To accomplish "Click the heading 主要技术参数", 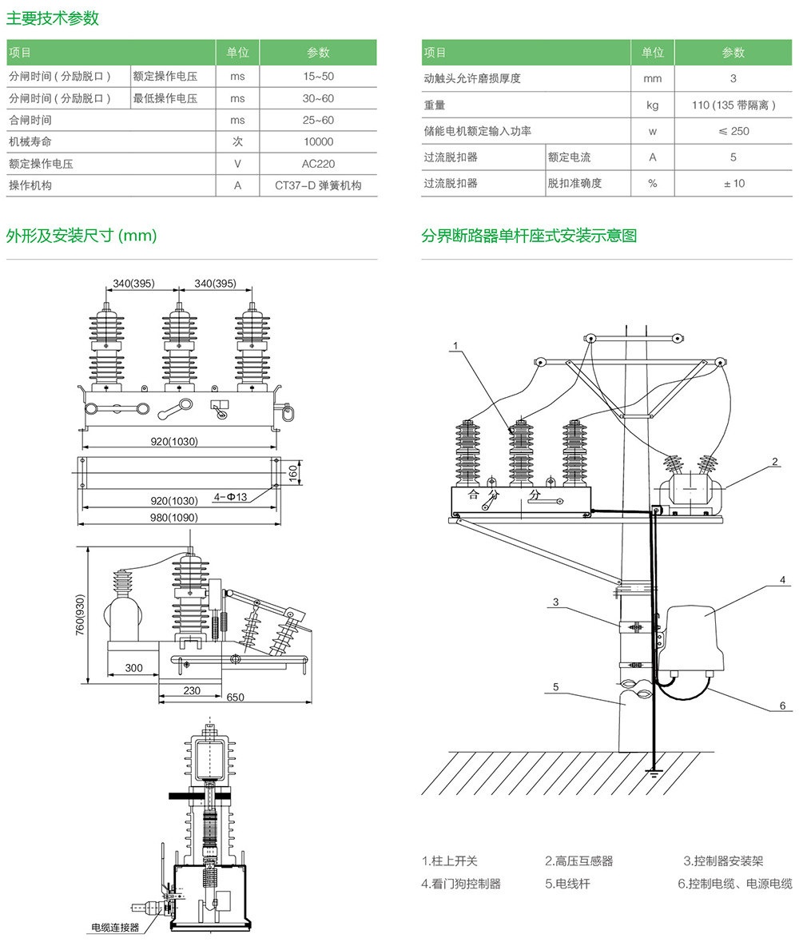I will (53, 18).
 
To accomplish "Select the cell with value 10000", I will (318, 142).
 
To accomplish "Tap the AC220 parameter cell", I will (318, 164).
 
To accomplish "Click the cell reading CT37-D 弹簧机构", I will (318, 185).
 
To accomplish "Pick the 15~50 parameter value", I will (318, 77).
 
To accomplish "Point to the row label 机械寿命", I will (30, 142).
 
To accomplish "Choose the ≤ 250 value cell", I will (733, 131).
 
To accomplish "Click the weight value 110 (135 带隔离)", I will (733, 105).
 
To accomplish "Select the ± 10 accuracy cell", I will (733, 183).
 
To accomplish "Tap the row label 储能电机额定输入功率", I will (478, 131).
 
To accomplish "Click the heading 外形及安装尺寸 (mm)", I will (81, 236).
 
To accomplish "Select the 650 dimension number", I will (235, 698).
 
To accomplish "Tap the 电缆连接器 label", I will (115, 928).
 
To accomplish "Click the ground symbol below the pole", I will (654, 773).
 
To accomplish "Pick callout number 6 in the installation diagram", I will (782, 706).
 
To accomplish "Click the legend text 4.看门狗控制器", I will (461, 884).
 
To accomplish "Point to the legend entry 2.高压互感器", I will (579, 861).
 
